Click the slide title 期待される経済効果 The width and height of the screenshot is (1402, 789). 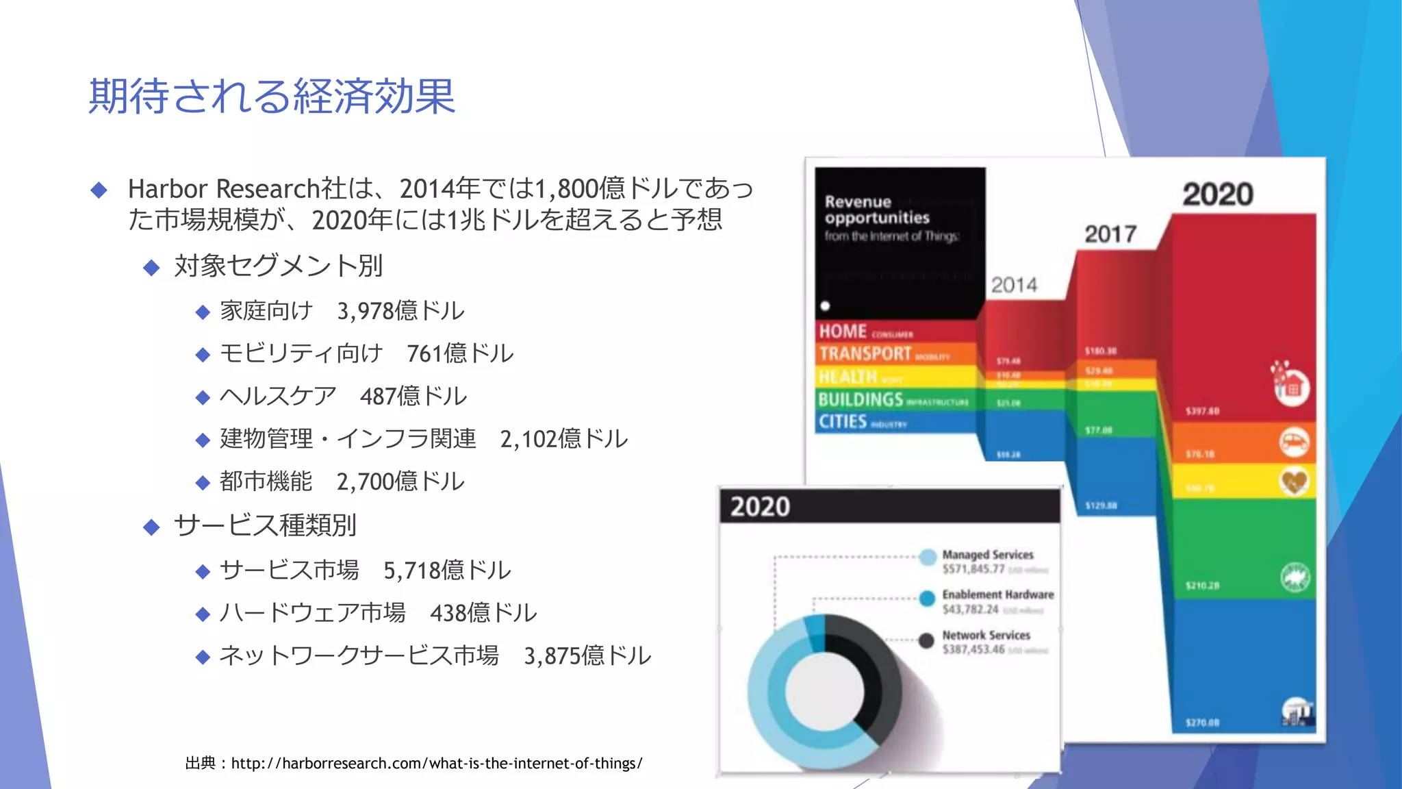pyautogui.click(x=272, y=96)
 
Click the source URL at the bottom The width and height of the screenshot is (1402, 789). pyautogui.click(x=437, y=763)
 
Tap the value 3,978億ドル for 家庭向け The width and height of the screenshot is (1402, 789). pyautogui.click(x=400, y=311)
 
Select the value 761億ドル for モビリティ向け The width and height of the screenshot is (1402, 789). pyautogui.click(x=460, y=353)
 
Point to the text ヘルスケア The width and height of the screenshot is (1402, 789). pyautogui.click(x=278, y=396)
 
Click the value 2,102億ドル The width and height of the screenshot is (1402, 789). pyautogui.click(x=563, y=439)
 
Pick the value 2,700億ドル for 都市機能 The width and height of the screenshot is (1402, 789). pyautogui.click(x=400, y=481)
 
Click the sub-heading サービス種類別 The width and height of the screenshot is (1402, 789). pyautogui.click(x=265, y=525)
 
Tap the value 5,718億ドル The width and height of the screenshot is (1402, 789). pyautogui.click(x=447, y=571)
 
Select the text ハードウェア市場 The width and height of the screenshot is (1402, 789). pyautogui.click(x=312, y=613)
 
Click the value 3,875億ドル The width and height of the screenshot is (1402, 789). pyautogui.click(x=587, y=656)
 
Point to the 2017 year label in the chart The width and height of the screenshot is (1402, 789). pyautogui.click(x=1110, y=234)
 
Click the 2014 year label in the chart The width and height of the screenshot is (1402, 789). pyautogui.click(x=1014, y=285)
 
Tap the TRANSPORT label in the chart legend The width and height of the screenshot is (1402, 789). pyautogui.click(x=865, y=353)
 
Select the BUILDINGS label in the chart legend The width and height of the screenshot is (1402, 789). pyautogui.click(x=861, y=399)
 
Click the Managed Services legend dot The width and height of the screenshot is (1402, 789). pyautogui.click(x=928, y=557)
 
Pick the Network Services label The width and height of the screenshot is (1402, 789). pyautogui.click(x=986, y=635)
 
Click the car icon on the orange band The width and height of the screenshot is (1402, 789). pyautogui.click(x=1294, y=442)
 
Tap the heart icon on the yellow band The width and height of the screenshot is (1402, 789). pyautogui.click(x=1294, y=482)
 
